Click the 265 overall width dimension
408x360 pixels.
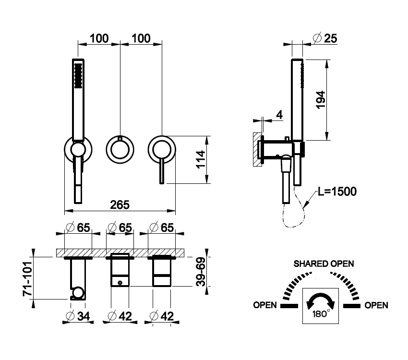coord(120,205)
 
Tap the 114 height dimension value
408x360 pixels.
coord(201,160)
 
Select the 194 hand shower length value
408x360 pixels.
coord(320,100)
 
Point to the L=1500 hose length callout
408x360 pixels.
coord(337,192)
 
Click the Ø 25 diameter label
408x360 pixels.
coord(325,38)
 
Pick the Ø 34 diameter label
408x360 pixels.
coord(78,316)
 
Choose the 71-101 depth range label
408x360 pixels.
coord(27,279)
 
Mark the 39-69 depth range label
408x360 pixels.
coord(201,272)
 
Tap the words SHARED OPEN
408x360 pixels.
coord(324,264)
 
